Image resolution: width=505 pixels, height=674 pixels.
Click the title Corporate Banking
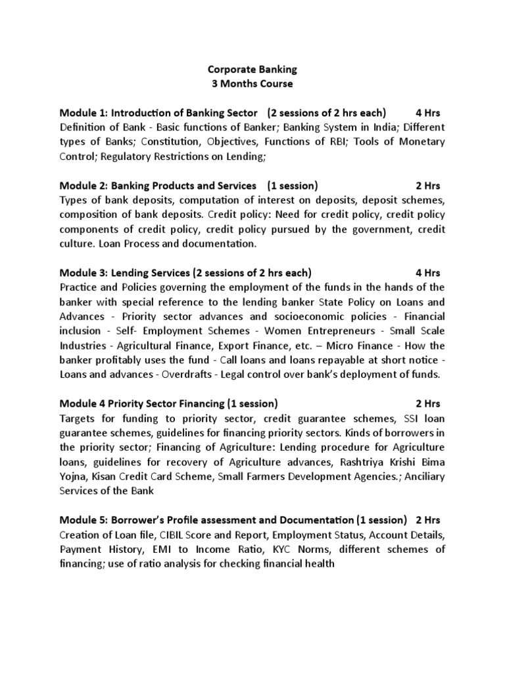coord(252,69)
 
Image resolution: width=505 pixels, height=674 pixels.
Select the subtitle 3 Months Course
coord(252,84)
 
